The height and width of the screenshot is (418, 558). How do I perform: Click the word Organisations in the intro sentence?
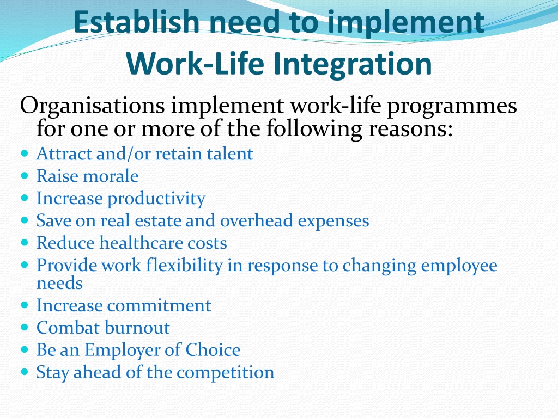(x=92, y=106)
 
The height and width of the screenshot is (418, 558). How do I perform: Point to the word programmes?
(x=452, y=107)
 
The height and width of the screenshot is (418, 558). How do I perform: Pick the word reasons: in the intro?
(x=411, y=128)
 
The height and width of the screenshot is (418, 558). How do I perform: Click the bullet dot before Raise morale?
(x=24, y=176)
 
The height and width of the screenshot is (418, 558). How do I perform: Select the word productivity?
(x=156, y=199)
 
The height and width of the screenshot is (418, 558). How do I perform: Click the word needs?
(x=59, y=284)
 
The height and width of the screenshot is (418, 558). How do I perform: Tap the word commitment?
(x=159, y=306)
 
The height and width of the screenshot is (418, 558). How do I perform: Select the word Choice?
(x=213, y=350)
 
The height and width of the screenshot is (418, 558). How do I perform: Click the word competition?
(x=225, y=373)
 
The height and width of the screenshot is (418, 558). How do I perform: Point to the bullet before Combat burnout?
(x=24, y=327)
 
